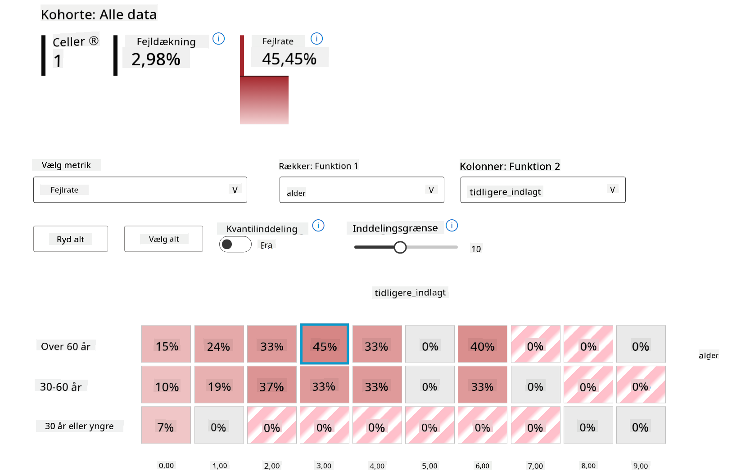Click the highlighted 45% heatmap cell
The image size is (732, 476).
[x=324, y=344]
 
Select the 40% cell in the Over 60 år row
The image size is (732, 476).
[x=482, y=344]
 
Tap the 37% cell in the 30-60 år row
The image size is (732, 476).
[x=271, y=385]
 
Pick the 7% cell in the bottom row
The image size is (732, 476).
[x=166, y=425]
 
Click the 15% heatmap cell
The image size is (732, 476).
[x=166, y=344]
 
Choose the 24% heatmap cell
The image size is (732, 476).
[x=219, y=344]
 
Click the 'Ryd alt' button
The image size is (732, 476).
[x=71, y=239]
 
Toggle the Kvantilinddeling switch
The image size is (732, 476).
[x=235, y=245]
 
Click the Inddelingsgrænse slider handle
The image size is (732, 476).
[x=400, y=247]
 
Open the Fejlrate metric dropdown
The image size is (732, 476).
[x=140, y=190]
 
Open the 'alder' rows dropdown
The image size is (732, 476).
[x=361, y=190]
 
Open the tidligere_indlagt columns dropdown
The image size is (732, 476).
[x=542, y=190]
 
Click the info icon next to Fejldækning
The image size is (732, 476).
[x=218, y=39]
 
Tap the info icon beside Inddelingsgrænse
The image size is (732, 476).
[x=452, y=226]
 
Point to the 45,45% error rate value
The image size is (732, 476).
[x=289, y=59]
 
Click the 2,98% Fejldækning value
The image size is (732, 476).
[x=156, y=59]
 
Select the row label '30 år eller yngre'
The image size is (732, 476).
[x=79, y=426]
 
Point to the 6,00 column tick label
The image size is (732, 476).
[x=482, y=466]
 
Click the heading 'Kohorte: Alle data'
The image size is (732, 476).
[x=99, y=14]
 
